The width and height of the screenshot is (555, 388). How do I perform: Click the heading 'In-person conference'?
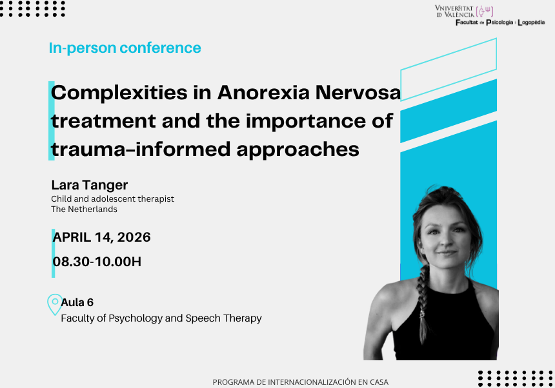coord(125,48)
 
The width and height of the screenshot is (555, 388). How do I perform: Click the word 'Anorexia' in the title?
coord(263,93)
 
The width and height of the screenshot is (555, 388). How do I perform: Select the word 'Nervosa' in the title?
coord(358,93)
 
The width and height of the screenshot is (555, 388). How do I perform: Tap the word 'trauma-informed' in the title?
coord(141,149)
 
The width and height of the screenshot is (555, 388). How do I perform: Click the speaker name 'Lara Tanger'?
coord(90,185)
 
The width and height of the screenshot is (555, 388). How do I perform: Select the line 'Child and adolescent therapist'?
coord(112,199)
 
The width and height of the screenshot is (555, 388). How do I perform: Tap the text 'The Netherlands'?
coord(85,209)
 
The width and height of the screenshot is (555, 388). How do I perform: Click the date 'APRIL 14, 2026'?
coord(101,237)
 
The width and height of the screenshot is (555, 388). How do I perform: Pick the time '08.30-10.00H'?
coord(97,262)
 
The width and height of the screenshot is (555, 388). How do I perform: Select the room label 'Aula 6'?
coord(77,302)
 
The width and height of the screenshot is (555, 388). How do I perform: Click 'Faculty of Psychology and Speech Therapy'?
coord(161,318)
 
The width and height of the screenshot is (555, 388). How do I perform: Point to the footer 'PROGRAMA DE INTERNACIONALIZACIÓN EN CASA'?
coord(301,382)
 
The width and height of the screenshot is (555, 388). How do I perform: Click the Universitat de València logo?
coord(464,11)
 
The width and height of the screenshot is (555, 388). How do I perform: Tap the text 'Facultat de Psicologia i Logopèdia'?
coord(500,23)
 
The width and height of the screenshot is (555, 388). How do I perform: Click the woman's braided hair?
coord(423,304)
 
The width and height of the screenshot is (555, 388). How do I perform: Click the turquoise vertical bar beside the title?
coord(52,121)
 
